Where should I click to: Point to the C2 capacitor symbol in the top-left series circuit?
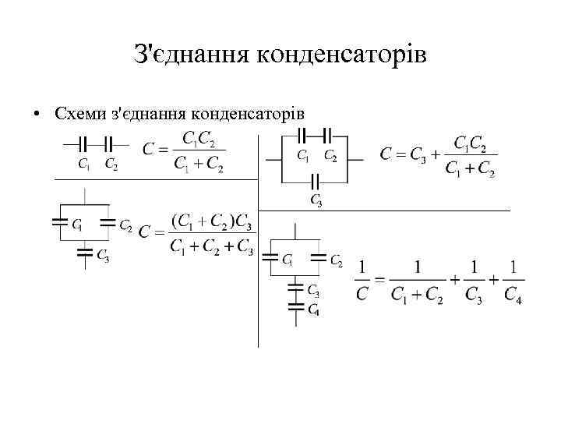109,144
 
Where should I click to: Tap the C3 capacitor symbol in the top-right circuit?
316,182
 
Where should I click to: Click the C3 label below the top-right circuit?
316,200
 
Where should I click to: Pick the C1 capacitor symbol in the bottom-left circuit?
59,223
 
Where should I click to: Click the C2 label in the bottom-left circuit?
125,225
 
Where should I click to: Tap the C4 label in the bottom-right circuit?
312,310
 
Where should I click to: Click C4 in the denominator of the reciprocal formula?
512,295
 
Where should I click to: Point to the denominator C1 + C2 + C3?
211,248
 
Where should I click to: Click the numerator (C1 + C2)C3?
211,221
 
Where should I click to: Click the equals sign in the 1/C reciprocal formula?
379,281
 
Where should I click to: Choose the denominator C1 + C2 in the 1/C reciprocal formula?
417,295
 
